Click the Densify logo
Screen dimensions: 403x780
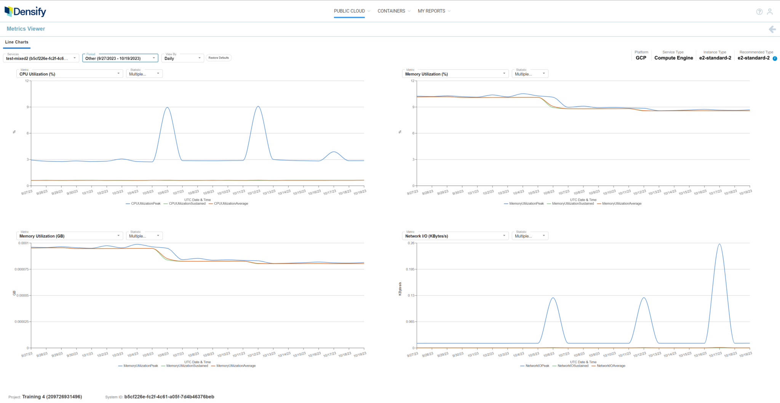(25, 11)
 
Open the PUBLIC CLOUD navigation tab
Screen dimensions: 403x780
(349, 11)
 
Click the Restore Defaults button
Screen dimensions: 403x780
(219, 58)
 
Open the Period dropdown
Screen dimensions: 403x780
(120, 58)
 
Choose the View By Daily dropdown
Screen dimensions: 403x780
(182, 58)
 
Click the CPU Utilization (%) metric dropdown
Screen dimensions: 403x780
(69, 74)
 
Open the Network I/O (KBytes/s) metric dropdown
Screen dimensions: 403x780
(455, 236)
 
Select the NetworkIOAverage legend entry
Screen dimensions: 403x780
(611, 366)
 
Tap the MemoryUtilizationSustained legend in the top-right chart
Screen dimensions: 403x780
(572, 204)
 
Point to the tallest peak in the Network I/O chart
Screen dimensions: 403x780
(719, 244)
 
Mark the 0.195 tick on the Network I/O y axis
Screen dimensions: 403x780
(410, 269)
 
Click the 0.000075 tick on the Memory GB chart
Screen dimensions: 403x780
(22, 269)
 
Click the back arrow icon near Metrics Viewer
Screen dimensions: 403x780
(772, 29)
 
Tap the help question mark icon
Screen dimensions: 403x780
(759, 12)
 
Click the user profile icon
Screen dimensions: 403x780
(770, 12)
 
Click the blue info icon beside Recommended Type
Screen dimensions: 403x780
(775, 59)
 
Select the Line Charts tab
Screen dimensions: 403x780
(17, 42)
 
